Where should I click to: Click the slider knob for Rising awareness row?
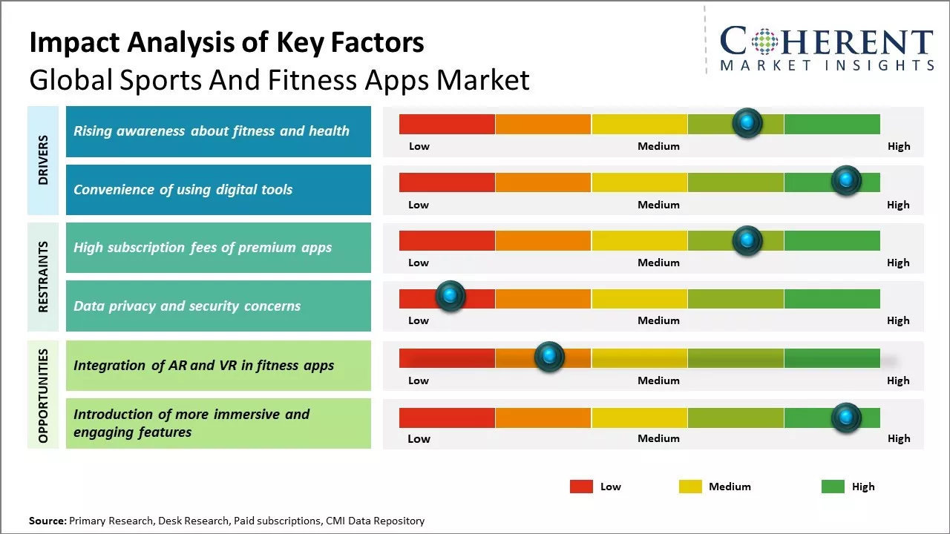pyautogui.click(x=747, y=123)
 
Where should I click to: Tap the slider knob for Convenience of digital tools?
pyautogui.click(x=846, y=181)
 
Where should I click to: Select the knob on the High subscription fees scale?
pyautogui.click(x=747, y=240)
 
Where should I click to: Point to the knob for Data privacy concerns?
pyautogui.click(x=450, y=296)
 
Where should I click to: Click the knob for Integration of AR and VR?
pyautogui.click(x=549, y=357)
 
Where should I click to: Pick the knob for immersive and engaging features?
pyautogui.click(x=846, y=418)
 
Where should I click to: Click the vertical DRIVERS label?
pyautogui.click(x=43, y=160)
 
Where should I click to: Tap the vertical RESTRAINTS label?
pyautogui.click(x=43, y=277)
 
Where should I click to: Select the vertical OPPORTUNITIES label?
pyautogui.click(x=43, y=395)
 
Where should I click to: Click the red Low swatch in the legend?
pyautogui.click(x=581, y=487)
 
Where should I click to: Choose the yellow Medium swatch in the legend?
pyautogui.click(x=690, y=487)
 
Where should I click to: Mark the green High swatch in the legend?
pyautogui.click(x=833, y=487)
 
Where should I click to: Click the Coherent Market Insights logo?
pyautogui.click(x=826, y=48)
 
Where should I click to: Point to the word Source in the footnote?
pyautogui.click(x=47, y=521)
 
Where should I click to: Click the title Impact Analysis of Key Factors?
pyautogui.click(x=226, y=42)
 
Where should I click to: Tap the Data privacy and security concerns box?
pyautogui.click(x=218, y=306)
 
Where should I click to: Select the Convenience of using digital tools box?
pyautogui.click(x=218, y=190)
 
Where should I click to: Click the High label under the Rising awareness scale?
pyautogui.click(x=899, y=146)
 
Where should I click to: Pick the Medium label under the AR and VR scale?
pyautogui.click(x=658, y=380)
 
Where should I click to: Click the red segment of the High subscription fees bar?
pyautogui.click(x=447, y=240)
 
